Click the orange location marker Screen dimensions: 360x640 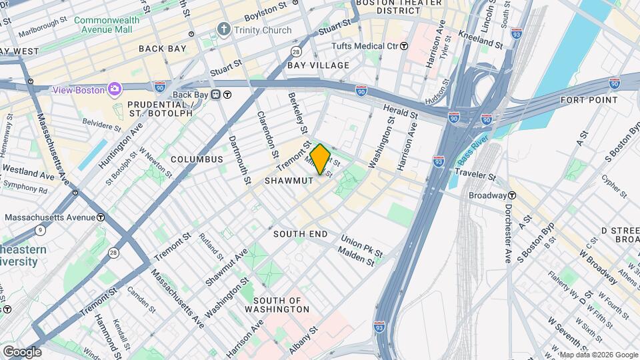click(320, 159)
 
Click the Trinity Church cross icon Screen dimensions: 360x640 click(223, 30)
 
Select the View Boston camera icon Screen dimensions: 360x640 click(115, 89)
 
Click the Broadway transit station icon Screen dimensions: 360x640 click(512, 195)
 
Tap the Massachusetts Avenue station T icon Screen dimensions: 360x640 click(100, 217)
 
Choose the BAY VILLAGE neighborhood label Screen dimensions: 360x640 click(318, 65)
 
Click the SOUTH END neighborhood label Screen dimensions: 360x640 click(300, 234)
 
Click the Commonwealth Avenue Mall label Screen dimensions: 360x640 click(107, 25)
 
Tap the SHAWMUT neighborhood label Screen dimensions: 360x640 click(288, 181)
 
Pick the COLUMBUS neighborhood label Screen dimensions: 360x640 click(196, 159)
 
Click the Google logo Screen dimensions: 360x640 click(21, 351)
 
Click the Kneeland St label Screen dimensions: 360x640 click(480, 39)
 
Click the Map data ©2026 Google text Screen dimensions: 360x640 click(597, 355)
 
